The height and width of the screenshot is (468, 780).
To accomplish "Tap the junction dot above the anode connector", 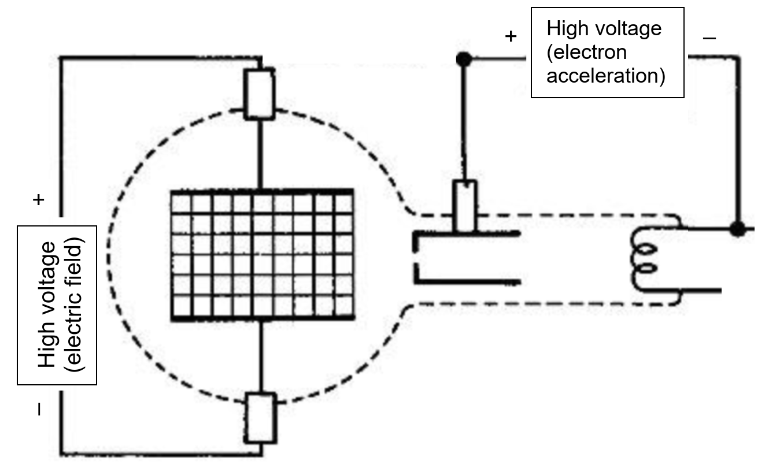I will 462,58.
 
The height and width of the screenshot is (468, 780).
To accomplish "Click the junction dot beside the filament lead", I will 737,229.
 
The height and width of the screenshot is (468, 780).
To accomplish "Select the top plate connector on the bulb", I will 259,93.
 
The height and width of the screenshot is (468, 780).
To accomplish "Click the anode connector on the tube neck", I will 465,205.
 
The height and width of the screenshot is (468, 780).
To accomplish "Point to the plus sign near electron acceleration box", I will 510,36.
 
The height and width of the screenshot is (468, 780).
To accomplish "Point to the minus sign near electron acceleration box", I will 709,38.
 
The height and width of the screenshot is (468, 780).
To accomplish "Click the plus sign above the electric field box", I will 38,200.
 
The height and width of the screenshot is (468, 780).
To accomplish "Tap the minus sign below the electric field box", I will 39,410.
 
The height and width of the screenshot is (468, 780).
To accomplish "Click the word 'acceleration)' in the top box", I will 605,76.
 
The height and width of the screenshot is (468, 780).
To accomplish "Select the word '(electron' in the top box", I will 586,52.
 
